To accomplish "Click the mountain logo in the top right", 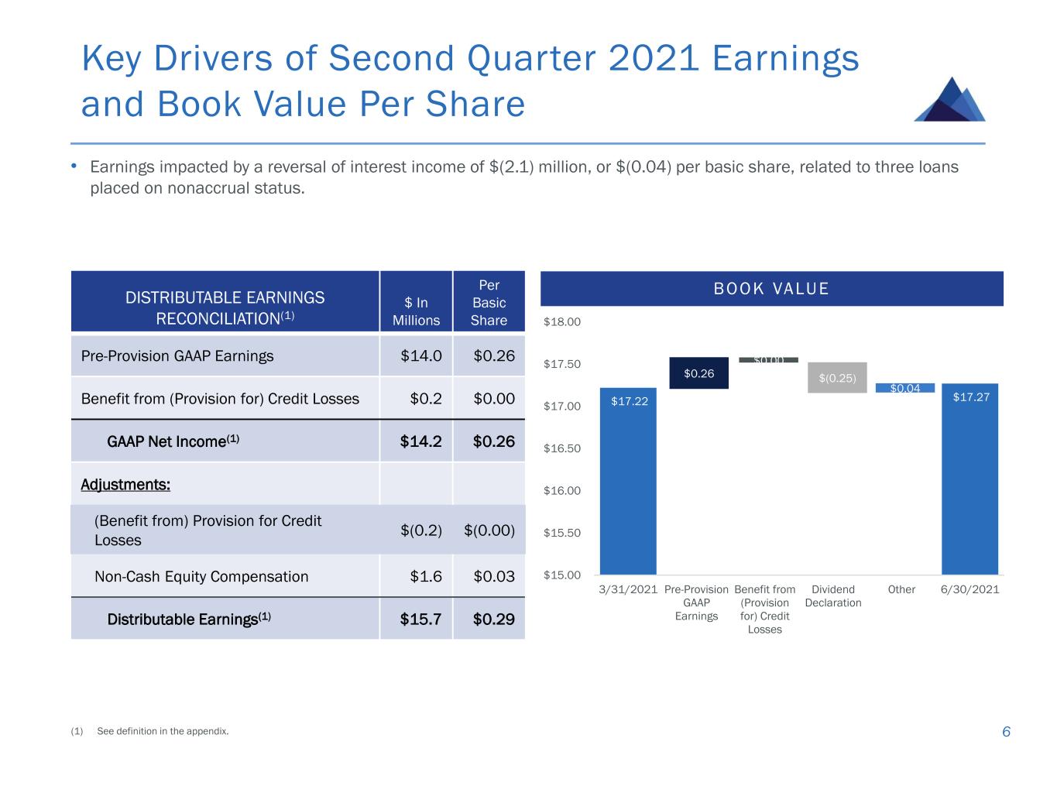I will pos(950,100).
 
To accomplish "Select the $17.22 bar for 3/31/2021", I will pos(628,480).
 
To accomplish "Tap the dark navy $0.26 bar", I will pos(698,373).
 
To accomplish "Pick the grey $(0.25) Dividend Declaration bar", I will pos(837,377).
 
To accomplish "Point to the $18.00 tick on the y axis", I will pos(562,321).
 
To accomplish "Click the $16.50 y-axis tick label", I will pos(562,448).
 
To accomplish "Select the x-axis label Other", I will pos(901,589).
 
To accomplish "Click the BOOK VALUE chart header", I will pos(771,289).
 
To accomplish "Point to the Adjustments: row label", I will pos(125,485).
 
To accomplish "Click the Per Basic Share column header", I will pos(489,303).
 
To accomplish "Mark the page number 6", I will pos(1006,732).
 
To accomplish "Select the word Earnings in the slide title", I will pos(785,59).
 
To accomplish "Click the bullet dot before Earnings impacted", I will pos(74,166).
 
